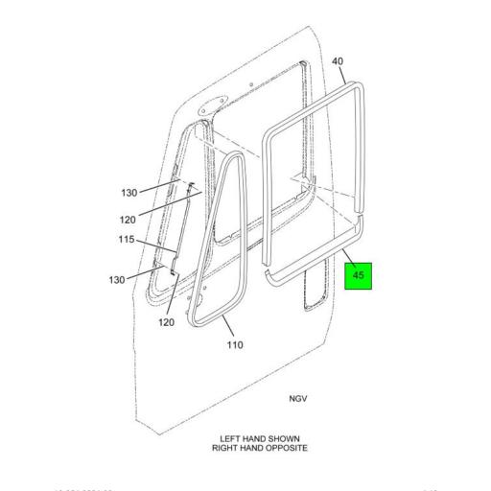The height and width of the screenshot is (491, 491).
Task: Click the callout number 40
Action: coord(338,62)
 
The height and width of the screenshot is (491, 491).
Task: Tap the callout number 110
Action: coord(235,343)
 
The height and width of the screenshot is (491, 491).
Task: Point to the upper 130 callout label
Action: coord(129,193)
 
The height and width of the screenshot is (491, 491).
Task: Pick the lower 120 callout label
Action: coord(166,322)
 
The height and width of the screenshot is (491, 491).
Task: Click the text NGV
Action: coord(299,398)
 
